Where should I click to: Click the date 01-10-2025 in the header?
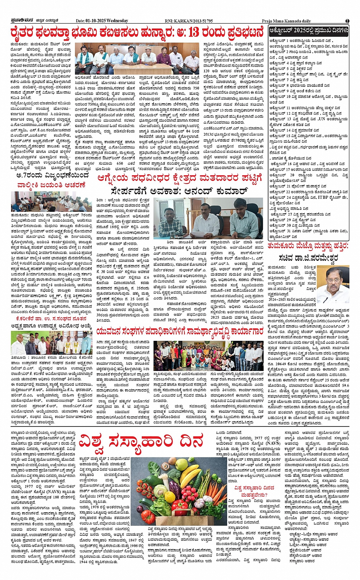coord(91,21)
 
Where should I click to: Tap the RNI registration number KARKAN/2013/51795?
coord(195,21)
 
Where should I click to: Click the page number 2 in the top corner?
coord(347,21)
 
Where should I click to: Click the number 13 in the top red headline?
coord(196,32)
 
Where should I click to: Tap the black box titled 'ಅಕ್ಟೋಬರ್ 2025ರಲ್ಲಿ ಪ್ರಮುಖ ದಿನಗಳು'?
coord(309,30)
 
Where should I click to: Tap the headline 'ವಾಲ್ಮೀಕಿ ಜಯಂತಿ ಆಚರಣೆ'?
coord(51,185)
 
